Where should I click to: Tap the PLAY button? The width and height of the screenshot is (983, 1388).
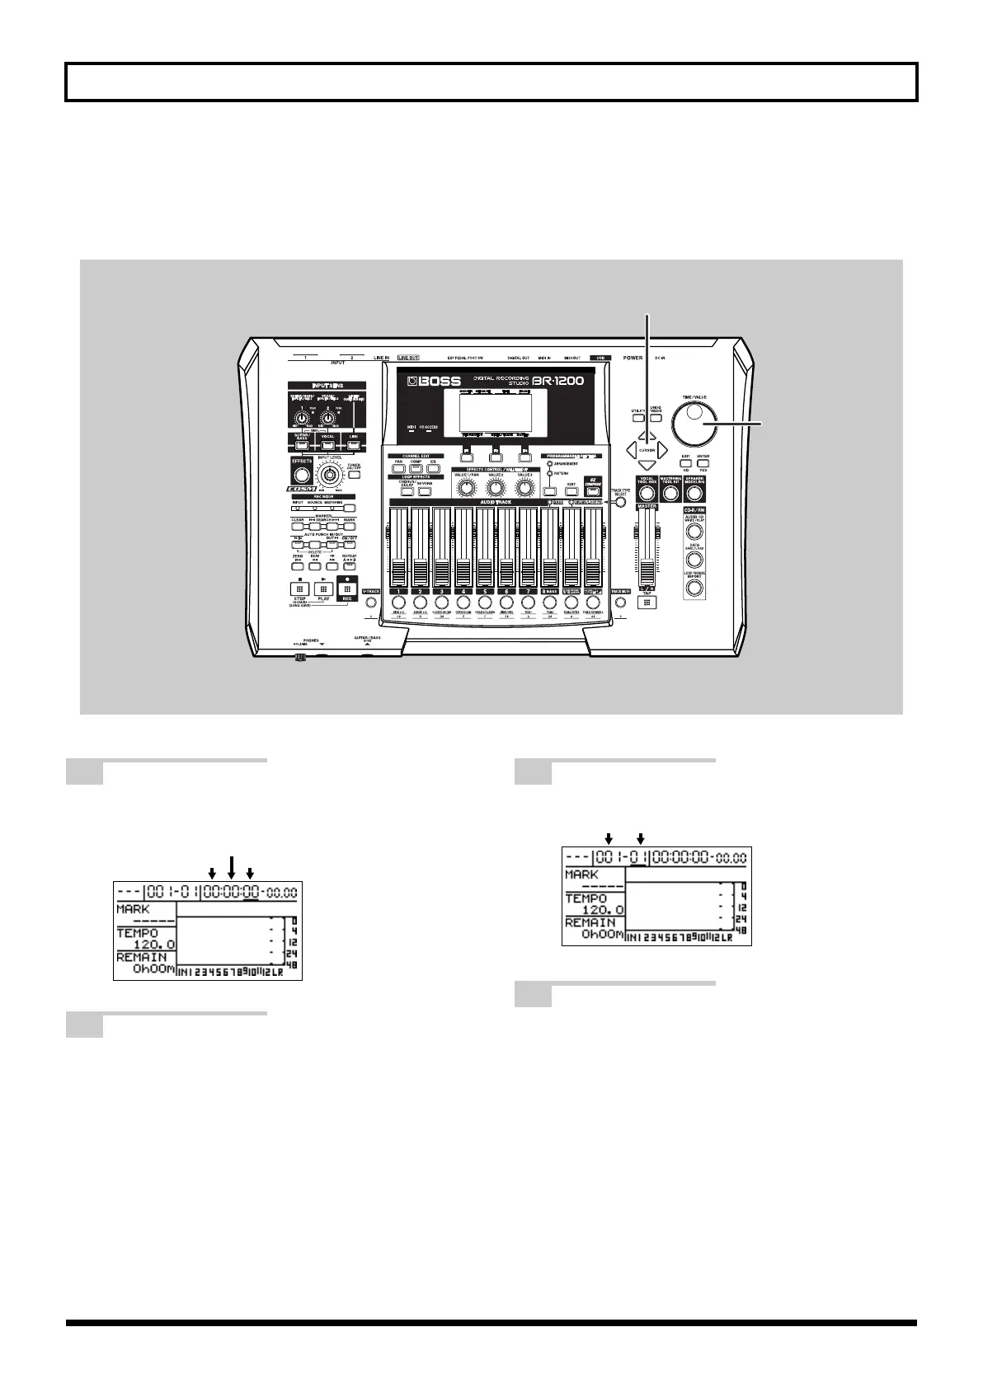coord(323,588)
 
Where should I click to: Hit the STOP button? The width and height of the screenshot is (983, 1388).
coord(299,588)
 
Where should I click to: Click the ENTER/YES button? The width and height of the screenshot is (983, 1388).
coord(703,465)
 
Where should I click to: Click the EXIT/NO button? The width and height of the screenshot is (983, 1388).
coord(684,465)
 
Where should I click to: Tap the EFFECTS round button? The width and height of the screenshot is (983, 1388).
coord(302,475)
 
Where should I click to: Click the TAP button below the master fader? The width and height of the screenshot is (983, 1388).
coord(647,603)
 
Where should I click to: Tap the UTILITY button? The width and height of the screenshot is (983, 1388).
coord(638,419)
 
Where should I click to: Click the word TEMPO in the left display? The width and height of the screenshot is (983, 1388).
coord(134,933)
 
